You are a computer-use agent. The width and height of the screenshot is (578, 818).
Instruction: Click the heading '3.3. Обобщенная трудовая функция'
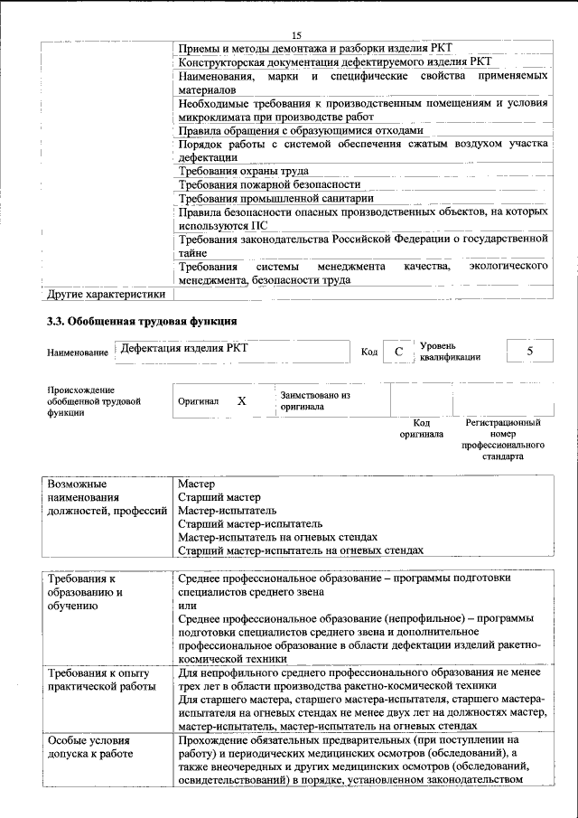coord(142,322)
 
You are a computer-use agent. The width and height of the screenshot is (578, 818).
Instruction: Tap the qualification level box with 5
coord(529,350)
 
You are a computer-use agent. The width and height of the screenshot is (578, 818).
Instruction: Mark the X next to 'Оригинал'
coord(241,399)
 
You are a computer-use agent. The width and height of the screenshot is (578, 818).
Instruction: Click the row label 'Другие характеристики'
coord(107,293)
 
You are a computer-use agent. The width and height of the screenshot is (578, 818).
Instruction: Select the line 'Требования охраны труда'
coord(244,171)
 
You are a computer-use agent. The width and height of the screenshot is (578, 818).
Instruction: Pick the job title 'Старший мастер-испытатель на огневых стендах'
coord(301,550)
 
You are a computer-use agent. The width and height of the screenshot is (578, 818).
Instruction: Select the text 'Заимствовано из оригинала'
coord(314,400)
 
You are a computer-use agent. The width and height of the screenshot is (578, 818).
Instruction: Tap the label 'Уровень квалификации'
coord(449,351)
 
